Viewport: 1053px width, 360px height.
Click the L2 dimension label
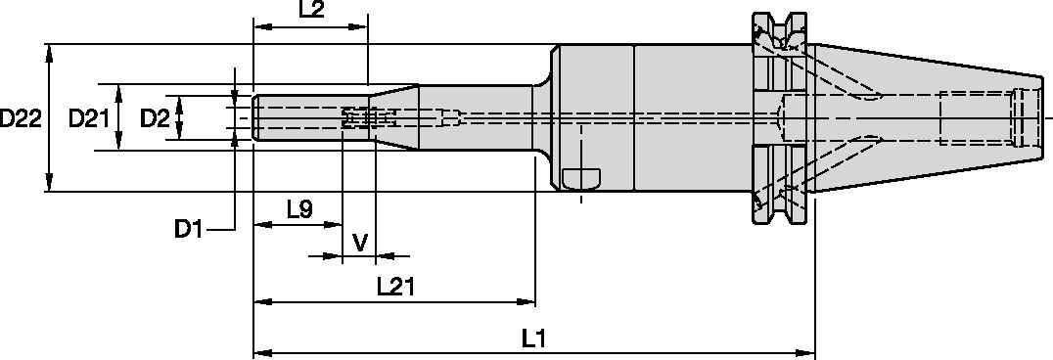click(x=311, y=10)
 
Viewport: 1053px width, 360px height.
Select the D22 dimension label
click(x=21, y=118)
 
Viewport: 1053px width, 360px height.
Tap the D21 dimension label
click(x=87, y=118)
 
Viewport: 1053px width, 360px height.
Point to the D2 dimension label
click(x=154, y=118)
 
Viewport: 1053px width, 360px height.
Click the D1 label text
click(x=189, y=230)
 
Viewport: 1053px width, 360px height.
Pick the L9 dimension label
click(x=299, y=208)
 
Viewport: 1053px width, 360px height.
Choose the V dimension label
click(x=359, y=241)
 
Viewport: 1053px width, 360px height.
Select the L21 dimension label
click(x=396, y=286)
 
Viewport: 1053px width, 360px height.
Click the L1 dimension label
click(x=533, y=338)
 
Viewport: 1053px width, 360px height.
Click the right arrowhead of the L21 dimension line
click(x=529, y=301)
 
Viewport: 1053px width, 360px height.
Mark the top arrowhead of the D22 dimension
click(x=49, y=51)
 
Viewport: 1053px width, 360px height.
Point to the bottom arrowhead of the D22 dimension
click(x=49, y=186)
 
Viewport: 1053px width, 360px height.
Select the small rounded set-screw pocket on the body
click(x=581, y=179)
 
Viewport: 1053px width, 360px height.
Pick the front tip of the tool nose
click(x=255, y=118)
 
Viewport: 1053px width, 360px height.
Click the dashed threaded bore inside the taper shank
click(x=979, y=118)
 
